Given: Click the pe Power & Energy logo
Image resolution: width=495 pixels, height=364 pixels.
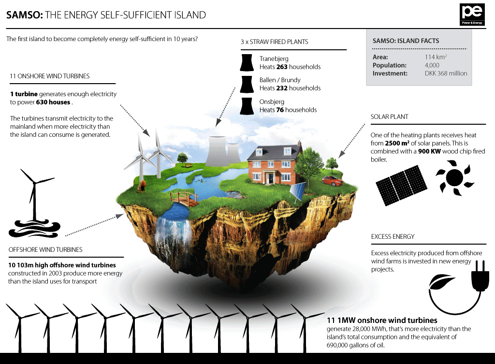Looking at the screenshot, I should tap(472, 15).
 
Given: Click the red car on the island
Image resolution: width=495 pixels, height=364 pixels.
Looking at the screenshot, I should tap(332, 181).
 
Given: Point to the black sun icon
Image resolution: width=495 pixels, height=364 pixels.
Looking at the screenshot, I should tap(454, 178).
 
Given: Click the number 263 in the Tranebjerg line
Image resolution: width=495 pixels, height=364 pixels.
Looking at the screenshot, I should tap(281, 67).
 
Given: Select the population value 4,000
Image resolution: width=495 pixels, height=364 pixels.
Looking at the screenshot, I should tap(432, 65).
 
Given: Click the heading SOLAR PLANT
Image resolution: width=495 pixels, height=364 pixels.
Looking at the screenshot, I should tap(390, 117).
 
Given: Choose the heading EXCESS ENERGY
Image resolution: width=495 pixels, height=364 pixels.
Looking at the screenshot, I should tap(393, 236).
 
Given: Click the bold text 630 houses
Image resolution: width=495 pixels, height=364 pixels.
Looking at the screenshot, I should tap(53, 102).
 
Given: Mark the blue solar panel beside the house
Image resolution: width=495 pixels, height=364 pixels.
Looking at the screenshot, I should tap(298, 191).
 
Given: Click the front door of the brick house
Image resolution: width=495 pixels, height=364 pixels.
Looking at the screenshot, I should tap(271, 177).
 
